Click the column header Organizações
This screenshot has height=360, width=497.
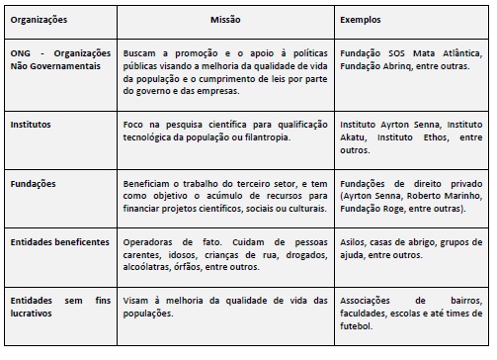tap(39, 19)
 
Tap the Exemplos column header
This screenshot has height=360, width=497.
tap(361, 19)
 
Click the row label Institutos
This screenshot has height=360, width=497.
tap(31, 126)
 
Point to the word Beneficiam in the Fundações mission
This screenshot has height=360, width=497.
tap(147, 183)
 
